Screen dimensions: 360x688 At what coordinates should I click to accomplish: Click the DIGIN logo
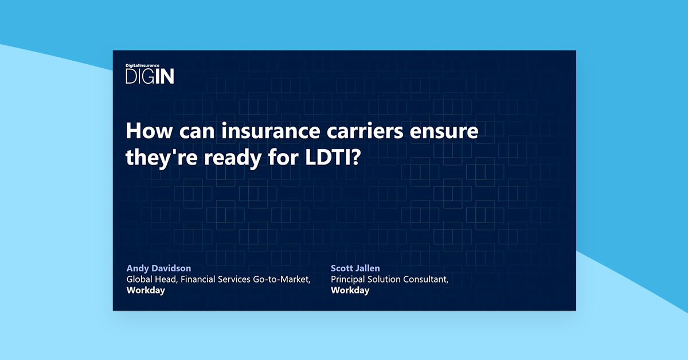pyautogui.click(x=150, y=77)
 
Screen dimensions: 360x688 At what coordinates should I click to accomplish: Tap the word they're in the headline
pyautogui.click(x=153, y=158)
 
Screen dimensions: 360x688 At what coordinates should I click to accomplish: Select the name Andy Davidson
pyautogui.click(x=159, y=268)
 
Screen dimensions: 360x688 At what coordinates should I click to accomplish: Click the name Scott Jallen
pyautogui.click(x=355, y=268)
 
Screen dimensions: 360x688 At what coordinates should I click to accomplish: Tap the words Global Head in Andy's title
pyautogui.click(x=150, y=279)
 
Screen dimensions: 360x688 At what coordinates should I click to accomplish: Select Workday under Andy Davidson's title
pyautogui.click(x=146, y=290)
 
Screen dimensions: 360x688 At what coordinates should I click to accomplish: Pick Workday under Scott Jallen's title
pyautogui.click(x=350, y=290)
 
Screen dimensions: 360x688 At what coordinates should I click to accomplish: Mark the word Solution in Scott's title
pyautogui.click(x=386, y=279)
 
